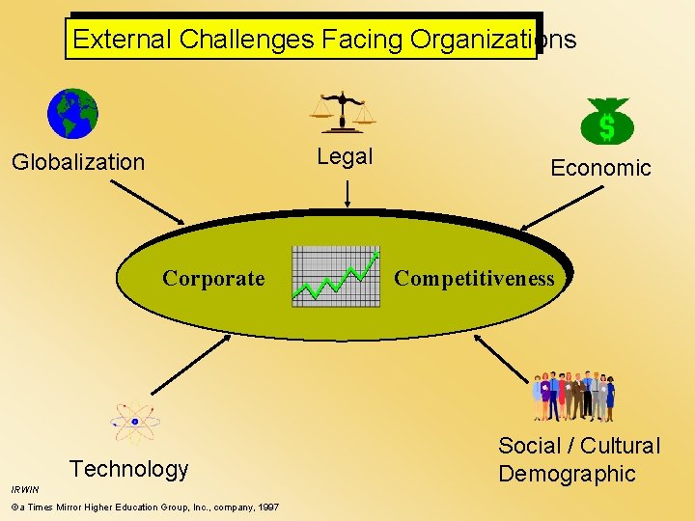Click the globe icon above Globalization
point(72,114)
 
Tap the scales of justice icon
point(342,112)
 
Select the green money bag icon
point(606,122)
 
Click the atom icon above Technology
point(135,421)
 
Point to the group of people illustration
point(573,396)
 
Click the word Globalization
point(78,162)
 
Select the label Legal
point(345,156)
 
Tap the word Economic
point(600,168)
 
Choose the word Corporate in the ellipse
point(213,279)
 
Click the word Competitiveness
point(474,279)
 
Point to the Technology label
point(128,470)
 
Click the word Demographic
point(567,474)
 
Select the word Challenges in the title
point(246,40)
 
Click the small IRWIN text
point(24,489)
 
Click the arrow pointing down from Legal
point(347,193)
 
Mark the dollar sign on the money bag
point(606,126)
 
